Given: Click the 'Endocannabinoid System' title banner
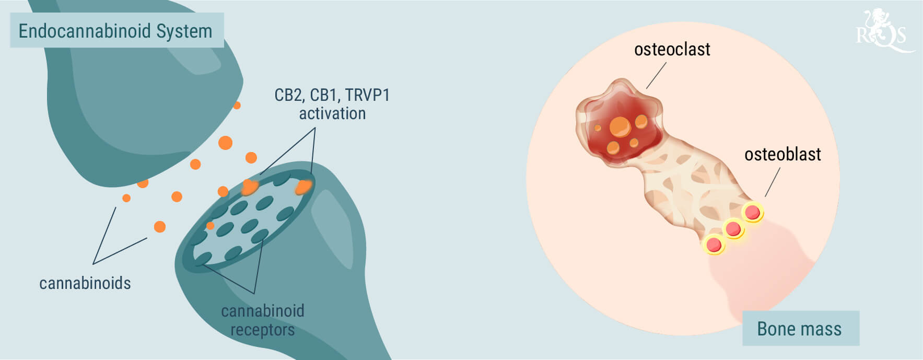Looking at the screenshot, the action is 117,30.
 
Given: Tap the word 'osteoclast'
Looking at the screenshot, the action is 672,50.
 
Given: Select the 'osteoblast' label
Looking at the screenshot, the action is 782,155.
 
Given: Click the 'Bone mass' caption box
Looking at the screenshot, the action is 800,328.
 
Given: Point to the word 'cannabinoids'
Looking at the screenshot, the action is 85,283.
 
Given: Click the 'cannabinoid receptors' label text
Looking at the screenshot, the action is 263,320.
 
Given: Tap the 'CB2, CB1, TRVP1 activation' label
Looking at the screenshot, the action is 332,104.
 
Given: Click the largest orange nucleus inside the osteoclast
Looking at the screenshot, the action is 620,126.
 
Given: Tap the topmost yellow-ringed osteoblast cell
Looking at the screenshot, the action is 753,212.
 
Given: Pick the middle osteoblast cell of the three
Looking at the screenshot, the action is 733,229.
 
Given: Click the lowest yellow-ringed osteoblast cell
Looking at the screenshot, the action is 714,245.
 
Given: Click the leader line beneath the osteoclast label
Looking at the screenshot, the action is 656,76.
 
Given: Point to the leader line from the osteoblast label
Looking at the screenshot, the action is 773,182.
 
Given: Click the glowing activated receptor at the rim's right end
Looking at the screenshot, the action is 303,187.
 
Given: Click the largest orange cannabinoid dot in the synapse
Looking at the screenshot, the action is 225,143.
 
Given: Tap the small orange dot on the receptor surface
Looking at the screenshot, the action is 210,226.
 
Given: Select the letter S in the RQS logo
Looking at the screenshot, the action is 899,36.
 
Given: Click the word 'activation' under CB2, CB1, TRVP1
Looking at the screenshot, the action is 332,113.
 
